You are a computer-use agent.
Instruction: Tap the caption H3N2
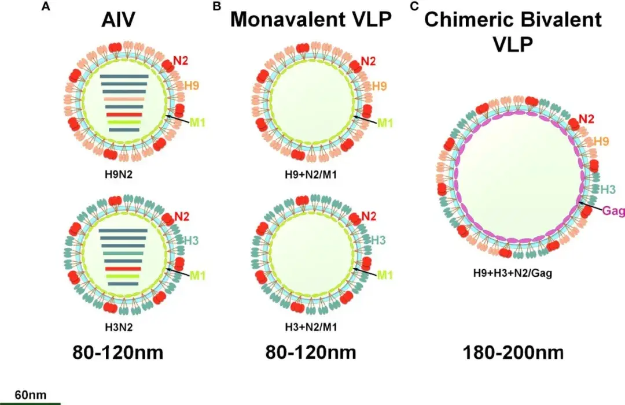[x=117, y=326]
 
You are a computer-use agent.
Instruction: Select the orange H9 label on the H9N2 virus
[x=192, y=86]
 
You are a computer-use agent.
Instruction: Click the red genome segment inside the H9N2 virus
[x=124, y=114]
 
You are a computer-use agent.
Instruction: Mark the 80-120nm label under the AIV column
[x=118, y=352]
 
